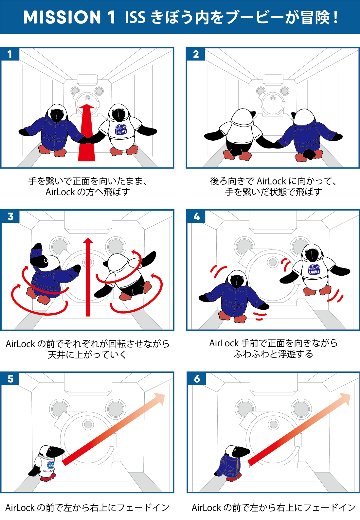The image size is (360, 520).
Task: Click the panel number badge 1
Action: click(x=10, y=54)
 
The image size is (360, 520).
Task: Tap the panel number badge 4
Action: click(x=196, y=217)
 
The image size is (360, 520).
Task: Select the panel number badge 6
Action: click(x=197, y=379)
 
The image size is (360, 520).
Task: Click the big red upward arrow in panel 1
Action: click(x=87, y=132)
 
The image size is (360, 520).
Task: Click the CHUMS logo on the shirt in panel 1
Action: click(x=121, y=129)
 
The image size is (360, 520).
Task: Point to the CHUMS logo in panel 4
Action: click(x=314, y=269)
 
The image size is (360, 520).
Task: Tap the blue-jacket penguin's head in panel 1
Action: click(x=57, y=113)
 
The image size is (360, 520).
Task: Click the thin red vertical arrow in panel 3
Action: click(x=88, y=277)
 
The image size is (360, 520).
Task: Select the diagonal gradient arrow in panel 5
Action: click(x=113, y=429)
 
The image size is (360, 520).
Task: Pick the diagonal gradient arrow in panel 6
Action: click(x=299, y=429)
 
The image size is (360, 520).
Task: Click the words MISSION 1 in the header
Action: click(x=69, y=17)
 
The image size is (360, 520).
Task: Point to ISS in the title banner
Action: click(x=135, y=17)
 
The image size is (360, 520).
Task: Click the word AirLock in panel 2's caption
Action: click(x=271, y=181)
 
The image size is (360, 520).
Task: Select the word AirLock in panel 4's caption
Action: click(x=224, y=343)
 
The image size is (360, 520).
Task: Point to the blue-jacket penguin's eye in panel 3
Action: click(x=46, y=261)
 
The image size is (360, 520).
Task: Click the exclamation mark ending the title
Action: click(x=335, y=17)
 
